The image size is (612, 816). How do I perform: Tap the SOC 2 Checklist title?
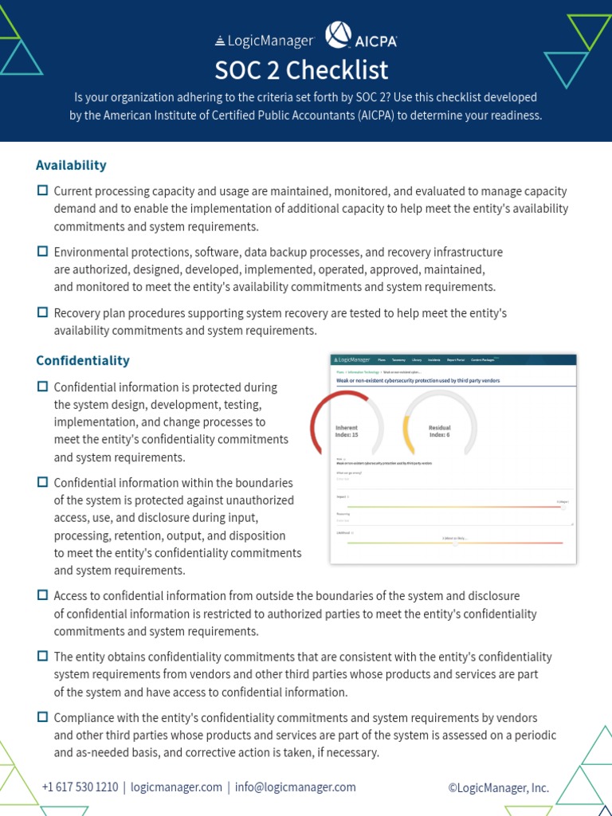click(301, 70)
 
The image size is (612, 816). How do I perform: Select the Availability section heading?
click(71, 165)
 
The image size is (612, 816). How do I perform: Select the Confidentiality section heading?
click(83, 360)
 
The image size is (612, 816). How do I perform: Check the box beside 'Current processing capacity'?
click(43, 191)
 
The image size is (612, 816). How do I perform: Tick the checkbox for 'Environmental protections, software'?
click(43, 252)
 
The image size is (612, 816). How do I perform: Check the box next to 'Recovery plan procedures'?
click(43, 313)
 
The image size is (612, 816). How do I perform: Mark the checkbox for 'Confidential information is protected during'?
click(43, 387)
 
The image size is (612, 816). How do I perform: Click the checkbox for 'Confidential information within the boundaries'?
click(43, 483)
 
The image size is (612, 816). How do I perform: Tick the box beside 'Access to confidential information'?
click(43, 595)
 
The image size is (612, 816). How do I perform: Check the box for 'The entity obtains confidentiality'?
click(43, 657)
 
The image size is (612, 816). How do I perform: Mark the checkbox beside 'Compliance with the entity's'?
click(43, 717)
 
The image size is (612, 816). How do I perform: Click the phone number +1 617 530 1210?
click(80, 787)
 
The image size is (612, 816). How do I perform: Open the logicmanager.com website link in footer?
click(176, 787)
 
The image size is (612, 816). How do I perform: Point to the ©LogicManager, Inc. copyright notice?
click(498, 788)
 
